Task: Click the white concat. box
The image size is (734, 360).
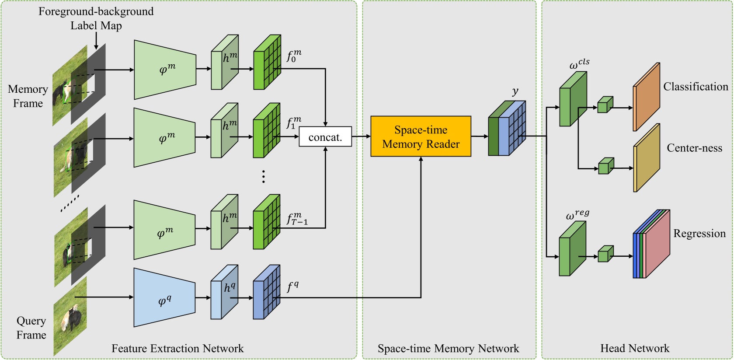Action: pos(325,137)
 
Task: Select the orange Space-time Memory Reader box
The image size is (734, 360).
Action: pos(421,136)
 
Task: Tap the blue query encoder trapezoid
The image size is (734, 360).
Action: pos(164,298)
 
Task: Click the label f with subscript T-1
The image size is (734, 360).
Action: pos(297,218)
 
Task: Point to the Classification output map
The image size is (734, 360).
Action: pos(646,97)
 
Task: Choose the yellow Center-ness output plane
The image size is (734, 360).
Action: pos(646,158)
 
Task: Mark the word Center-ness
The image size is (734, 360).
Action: pos(694,148)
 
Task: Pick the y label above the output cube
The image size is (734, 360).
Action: pos(515,91)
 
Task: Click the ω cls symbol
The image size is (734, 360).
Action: pos(579,64)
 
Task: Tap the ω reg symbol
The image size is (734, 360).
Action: pos(577,214)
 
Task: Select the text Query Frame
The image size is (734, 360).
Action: pos(31,328)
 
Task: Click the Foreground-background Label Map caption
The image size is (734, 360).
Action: pos(96,18)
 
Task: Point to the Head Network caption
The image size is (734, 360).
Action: pos(634,348)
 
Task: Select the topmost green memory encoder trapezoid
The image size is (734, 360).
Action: pos(164,70)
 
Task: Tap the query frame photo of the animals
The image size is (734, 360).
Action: pos(70,317)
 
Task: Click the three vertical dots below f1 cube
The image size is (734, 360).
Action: pos(263,176)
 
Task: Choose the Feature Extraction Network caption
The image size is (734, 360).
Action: pos(177,348)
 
